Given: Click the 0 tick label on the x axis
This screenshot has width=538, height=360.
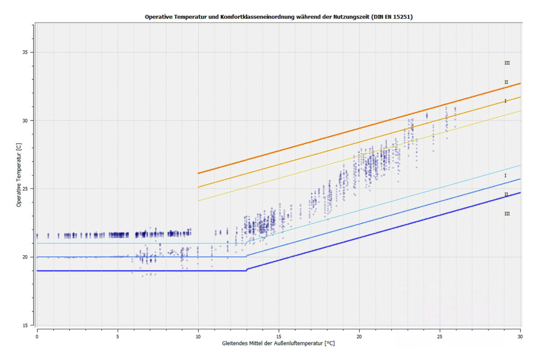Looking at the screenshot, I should [x=37, y=336].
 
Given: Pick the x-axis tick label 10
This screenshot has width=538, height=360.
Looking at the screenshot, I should [x=198, y=336].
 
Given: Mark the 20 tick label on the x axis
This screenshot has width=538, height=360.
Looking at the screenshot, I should [x=359, y=336].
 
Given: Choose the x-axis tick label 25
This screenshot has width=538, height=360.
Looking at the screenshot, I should [x=440, y=336].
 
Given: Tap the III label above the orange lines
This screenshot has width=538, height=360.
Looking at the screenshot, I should [x=507, y=63].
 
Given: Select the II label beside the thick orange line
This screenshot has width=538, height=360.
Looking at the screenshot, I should [x=506, y=82].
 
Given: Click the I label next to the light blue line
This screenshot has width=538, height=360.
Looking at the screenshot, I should [x=506, y=175].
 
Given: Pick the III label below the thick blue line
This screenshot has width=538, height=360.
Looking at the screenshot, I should [x=507, y=214].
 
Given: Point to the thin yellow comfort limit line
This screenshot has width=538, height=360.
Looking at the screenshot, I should [x=360, y=154].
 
